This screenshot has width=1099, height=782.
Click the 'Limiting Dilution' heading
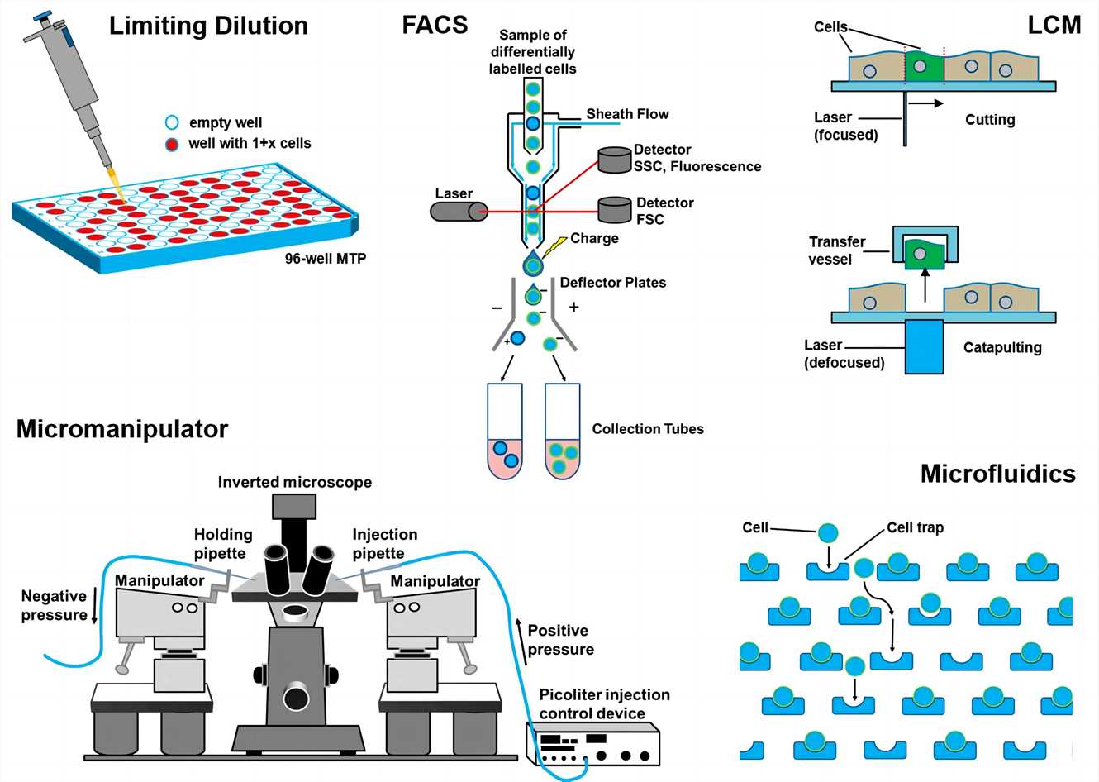208,26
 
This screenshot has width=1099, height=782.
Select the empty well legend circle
172,122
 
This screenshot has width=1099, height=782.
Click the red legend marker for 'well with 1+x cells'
172,144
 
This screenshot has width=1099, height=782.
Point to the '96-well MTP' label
325,259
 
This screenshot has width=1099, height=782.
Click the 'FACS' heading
435,25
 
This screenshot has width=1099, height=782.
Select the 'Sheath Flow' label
627,114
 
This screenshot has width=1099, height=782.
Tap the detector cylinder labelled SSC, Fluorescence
614,160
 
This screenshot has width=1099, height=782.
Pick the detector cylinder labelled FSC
614,210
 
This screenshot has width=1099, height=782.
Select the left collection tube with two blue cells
505,431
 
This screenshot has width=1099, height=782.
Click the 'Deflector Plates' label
612,283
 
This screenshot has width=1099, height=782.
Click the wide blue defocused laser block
924,346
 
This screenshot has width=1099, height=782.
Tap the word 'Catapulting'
1001,347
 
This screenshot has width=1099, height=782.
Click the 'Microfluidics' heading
997,474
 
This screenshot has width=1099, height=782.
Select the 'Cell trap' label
915,527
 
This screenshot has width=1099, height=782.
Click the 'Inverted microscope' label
294,482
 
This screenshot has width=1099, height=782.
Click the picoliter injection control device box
593,743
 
